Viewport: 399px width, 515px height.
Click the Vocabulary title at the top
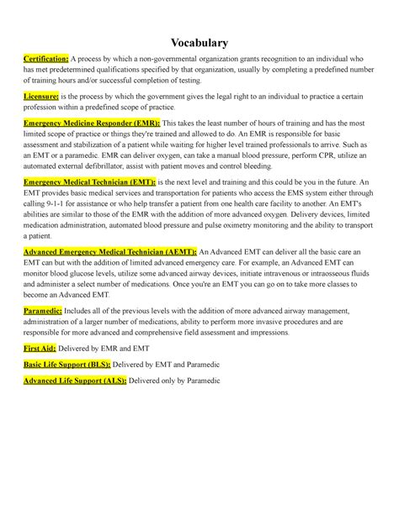click(199, 42)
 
